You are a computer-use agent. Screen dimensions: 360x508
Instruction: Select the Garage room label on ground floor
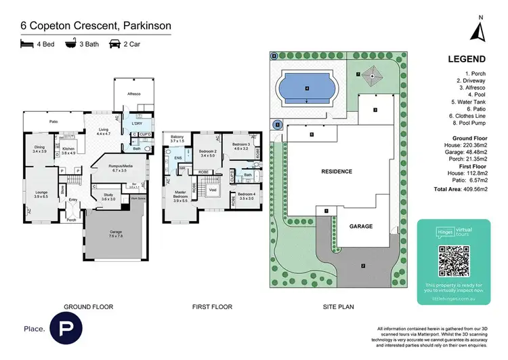pos(115,233)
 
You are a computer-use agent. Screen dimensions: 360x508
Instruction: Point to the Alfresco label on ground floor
pos(132,93)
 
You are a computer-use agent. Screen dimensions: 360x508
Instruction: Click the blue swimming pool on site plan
pos(307,88)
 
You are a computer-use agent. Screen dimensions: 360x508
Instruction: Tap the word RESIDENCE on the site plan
pos(337,172)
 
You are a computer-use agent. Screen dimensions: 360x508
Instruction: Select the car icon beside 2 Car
pos(115,44)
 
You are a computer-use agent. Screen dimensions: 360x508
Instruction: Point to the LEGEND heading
pos(467,59)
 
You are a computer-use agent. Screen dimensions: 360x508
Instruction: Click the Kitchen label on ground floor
pos(69,148)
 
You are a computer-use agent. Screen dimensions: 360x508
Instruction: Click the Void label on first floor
pos(213,190)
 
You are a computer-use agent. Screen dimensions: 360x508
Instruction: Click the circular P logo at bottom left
pos(66,329)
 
